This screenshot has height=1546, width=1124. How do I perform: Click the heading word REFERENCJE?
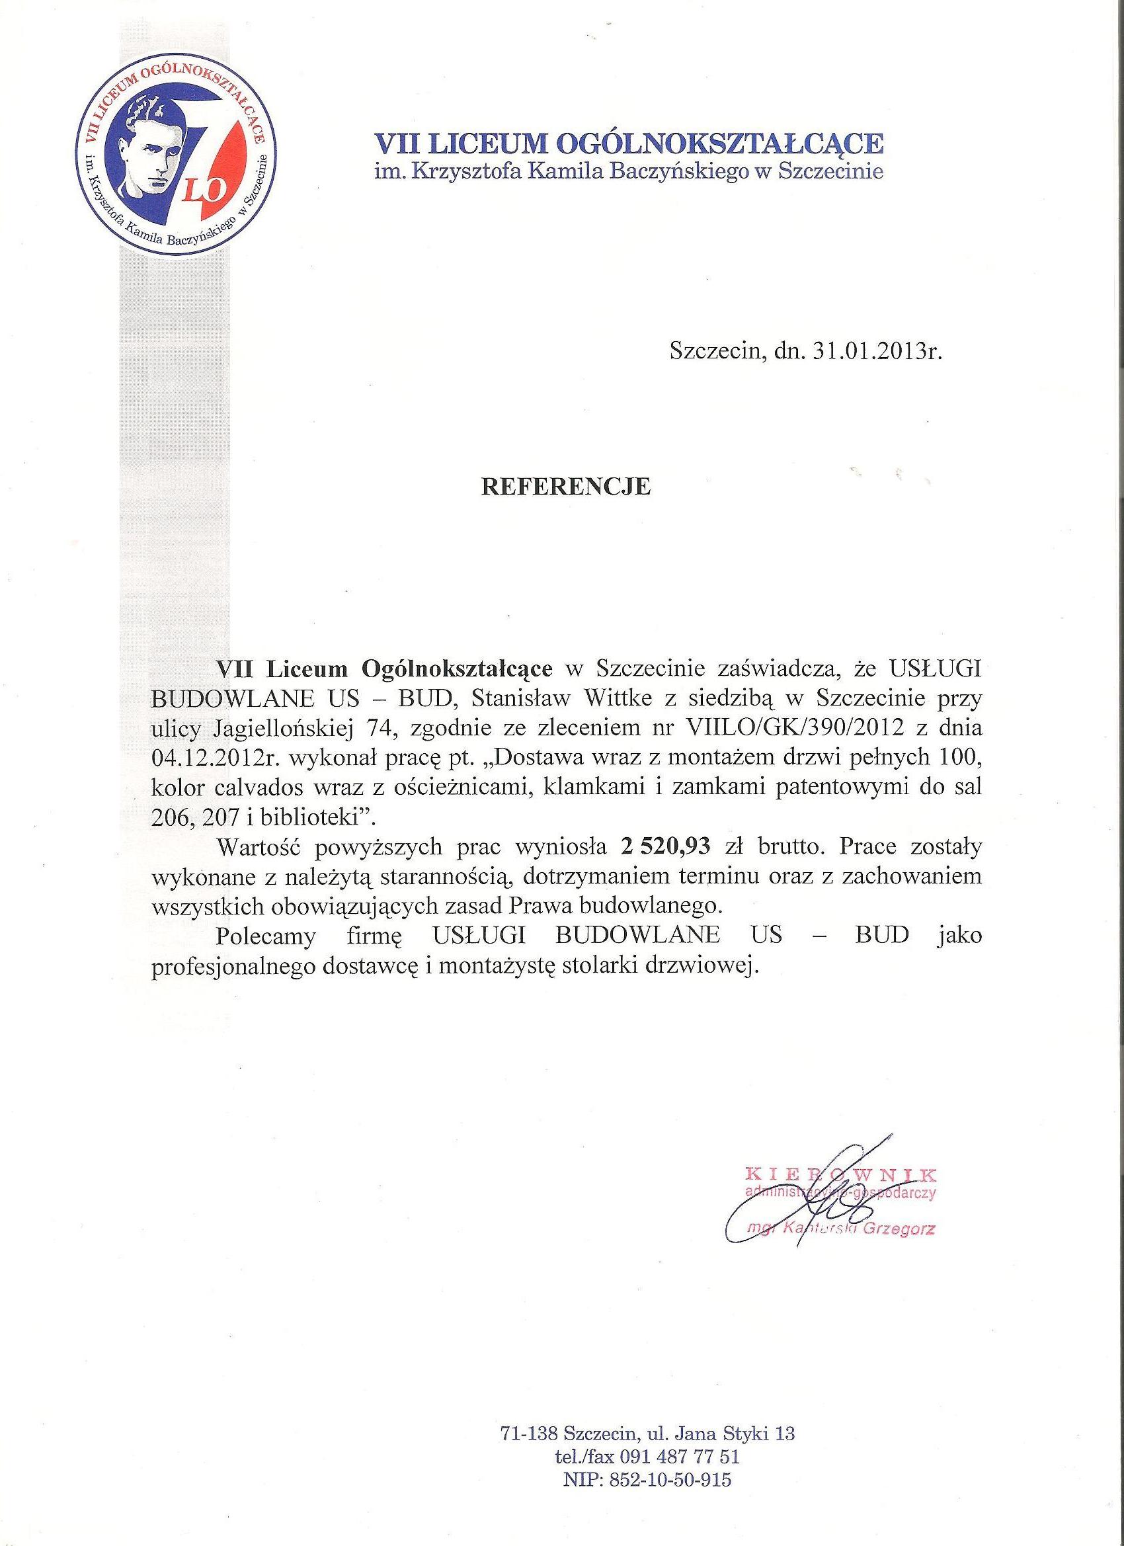tap(566, 487)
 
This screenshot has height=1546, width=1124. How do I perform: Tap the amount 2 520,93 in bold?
tap(666, 846)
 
